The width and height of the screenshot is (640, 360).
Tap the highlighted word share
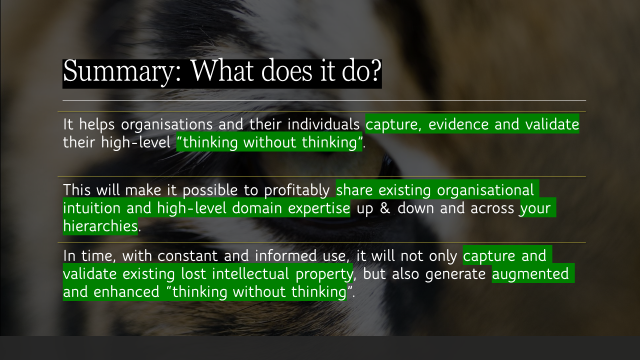point(355,190)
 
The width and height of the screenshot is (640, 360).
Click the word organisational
point(485,190)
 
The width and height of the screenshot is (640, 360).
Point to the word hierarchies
point(100,226)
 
